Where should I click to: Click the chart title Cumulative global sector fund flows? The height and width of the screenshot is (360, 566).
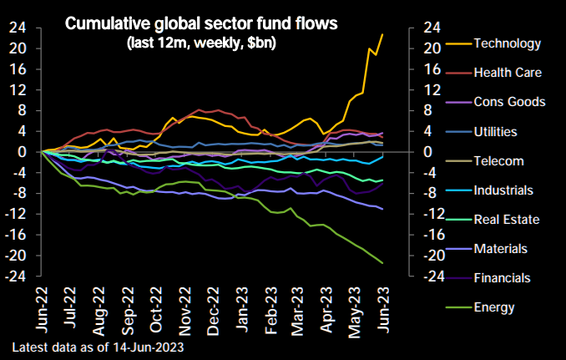click(202, 24)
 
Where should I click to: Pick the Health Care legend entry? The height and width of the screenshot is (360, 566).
click(508, 73)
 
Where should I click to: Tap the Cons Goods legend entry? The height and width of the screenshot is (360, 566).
click(508, 102)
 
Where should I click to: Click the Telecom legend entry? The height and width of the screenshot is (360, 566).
click(498, 160)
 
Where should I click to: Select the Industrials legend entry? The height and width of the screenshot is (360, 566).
click(503, 190)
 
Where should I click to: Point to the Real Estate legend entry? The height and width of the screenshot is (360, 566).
click(506, 219)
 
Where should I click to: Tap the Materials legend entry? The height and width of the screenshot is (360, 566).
click(500, 248)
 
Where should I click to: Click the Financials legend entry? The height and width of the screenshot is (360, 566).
click(502, 277)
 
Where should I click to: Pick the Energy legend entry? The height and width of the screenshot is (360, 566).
click(493, 307)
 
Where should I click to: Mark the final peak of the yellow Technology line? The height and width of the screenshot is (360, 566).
click(382, 34)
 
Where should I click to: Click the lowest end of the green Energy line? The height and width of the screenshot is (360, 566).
click(383, 263)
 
